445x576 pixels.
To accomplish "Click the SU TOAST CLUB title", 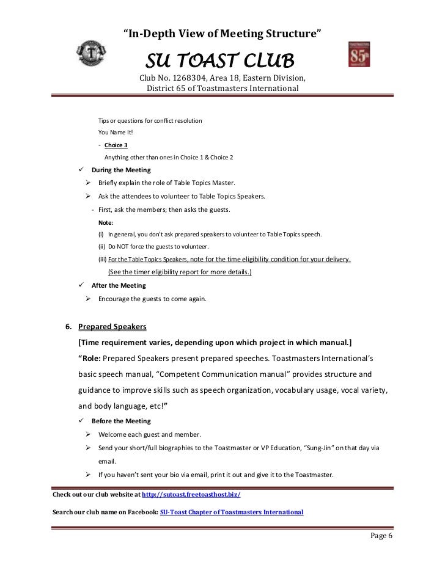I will [x=219, y=61].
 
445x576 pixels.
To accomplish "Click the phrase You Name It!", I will [x=114, y=133].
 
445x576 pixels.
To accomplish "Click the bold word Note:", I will [x=105, y=222].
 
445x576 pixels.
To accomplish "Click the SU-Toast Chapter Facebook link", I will [x=231, y=511].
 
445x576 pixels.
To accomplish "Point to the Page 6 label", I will [x=383, y=536].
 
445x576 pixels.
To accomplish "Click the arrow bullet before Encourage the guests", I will [x=89, y=299].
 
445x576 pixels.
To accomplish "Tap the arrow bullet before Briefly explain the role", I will [x=89, y=183].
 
